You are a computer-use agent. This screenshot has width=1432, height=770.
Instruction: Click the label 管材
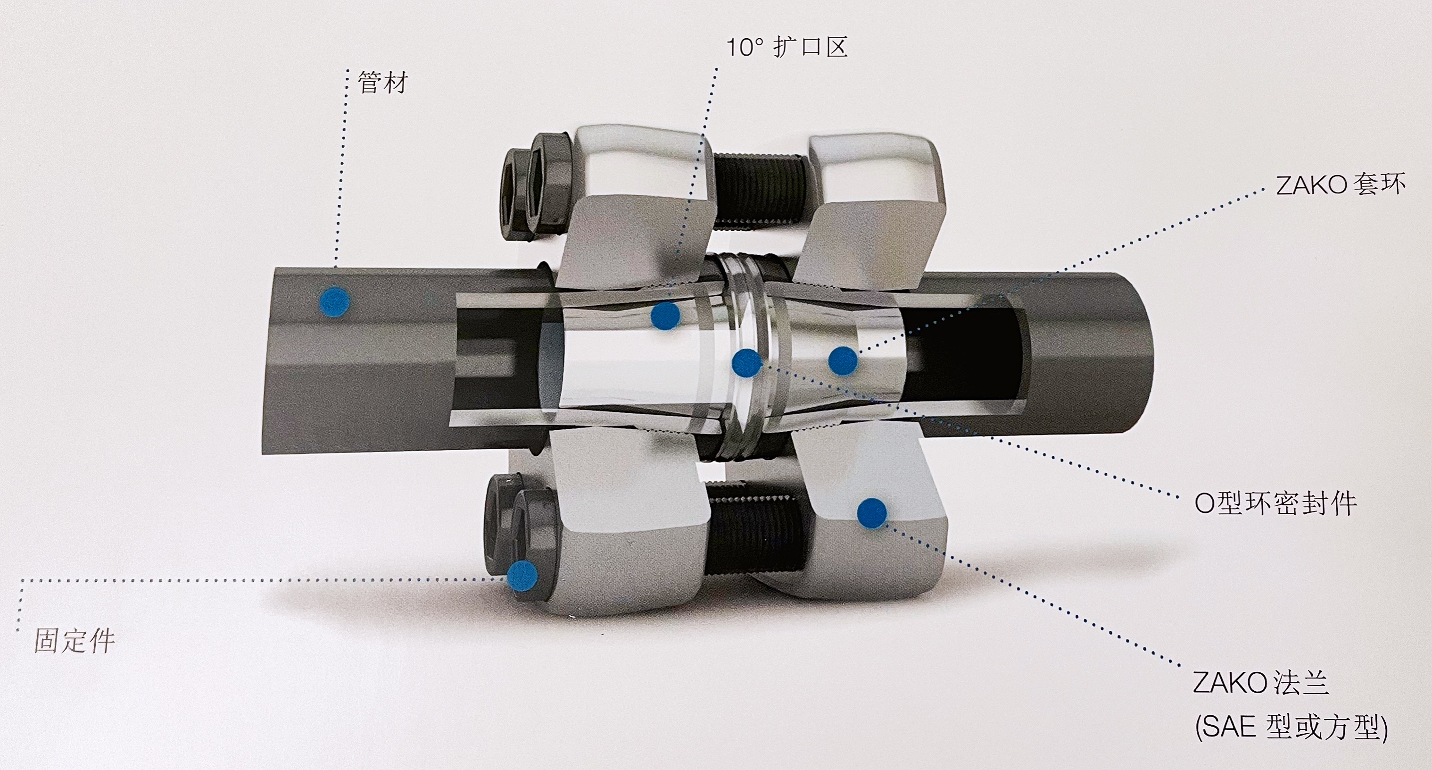click(383, 83)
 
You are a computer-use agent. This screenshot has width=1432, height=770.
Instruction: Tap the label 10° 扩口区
click(787, 47)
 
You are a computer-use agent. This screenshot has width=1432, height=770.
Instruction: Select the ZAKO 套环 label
click(1340, 184)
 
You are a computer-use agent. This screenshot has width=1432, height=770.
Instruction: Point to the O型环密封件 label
click(1276, 503)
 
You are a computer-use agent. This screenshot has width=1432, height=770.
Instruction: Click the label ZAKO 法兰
click(1261, 683)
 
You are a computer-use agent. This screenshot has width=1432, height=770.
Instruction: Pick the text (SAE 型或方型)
click(1291, 727)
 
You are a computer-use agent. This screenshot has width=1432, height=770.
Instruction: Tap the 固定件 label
click(74, 640)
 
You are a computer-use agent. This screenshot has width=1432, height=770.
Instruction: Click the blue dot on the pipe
click(335, 302)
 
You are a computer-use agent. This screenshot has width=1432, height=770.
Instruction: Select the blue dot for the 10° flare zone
click(665, 316)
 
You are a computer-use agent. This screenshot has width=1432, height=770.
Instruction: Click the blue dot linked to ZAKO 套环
click(843, 361)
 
